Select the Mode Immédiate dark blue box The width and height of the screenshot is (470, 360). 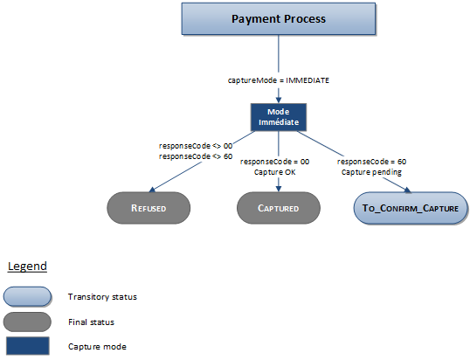[x=278, y=118]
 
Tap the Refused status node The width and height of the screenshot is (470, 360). [x=148, y=208]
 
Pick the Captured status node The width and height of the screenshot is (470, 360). [x=278, y=208]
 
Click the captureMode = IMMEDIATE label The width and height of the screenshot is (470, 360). [x=278, y=80]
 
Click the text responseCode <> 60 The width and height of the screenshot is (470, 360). [x=196, y=156]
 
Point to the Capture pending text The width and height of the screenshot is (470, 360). [x=372, y=172]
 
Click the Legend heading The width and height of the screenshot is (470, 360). [x=27, y=266]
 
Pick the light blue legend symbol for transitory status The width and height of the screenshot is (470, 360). [x=26, y=296]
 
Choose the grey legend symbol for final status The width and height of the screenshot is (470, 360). [x=26, y=321]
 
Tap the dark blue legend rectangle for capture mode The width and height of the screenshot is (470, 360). [x=26, y=346]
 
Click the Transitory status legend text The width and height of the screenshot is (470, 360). [x=102, y=297]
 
